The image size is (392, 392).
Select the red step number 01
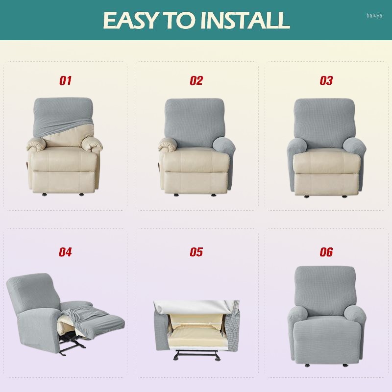click(x=66, y=81)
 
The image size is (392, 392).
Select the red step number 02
click(x=196, y=81)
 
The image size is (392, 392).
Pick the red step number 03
click(x=326, y=81)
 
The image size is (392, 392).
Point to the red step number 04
click(x=66, y=252)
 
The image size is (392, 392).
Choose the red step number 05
click(x=196, y=252)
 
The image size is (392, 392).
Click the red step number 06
click(x=326, y=252)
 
